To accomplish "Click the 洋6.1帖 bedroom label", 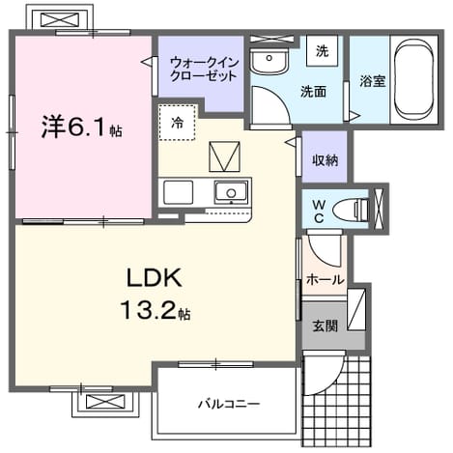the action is [x=81, y=127].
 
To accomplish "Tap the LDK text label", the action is [x=155, y=278].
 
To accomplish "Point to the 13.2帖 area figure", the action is [x=156, y=310].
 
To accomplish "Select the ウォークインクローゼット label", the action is [x=204, y=69].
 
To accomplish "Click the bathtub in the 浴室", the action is [x=413, y=79].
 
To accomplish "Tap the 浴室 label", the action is [x=373, y=80].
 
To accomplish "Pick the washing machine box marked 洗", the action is [x=322, y=51].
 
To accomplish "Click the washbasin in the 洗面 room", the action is [x=269, y=61].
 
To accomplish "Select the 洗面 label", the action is [x=314, y=92].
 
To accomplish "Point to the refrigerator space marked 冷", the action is [x=177, y=122].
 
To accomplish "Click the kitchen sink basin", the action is [x=231, y=192].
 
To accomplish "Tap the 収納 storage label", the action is [x=326, y=159].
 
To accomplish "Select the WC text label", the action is [x=319, y=212].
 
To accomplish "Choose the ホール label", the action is [x=326, y=279].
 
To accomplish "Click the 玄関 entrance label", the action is [x=326, y=326].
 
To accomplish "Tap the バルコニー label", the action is [x=229, y=404].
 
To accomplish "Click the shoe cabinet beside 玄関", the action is [x=356, y=309].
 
